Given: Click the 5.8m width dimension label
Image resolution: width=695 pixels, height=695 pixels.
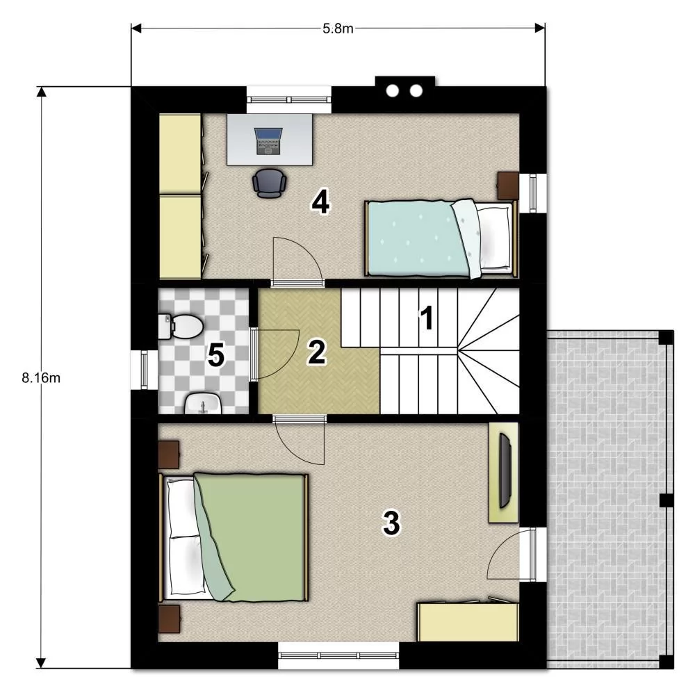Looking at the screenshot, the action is point(338,28).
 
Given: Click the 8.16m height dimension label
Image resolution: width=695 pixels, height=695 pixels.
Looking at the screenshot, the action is point(41,378).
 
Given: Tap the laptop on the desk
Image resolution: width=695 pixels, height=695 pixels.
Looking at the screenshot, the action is point(268,141).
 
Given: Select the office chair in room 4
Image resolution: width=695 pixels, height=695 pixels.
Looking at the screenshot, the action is point(269,183).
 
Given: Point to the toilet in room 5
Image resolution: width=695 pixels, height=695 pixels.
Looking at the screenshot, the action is point(181,326).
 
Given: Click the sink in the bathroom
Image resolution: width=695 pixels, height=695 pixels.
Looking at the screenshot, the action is point(202,403).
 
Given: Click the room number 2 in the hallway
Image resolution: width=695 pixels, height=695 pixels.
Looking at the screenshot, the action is point(317,352).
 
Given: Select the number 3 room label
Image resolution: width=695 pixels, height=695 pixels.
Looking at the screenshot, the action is point(391,523).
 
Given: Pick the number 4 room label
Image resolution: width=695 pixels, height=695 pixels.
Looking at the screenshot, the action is point(320,203).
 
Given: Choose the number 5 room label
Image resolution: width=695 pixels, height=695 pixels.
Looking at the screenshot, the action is point(216,355).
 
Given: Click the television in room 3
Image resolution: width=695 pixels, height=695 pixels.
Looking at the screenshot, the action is point(505,471).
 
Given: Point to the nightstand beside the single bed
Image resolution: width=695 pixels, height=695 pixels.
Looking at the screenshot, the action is point(508,186).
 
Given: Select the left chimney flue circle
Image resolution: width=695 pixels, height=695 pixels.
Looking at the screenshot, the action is point(392,91).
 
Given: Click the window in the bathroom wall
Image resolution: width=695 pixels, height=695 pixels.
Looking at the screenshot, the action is point(144,370).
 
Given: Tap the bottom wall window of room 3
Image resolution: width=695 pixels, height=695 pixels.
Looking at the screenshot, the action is point(338,655).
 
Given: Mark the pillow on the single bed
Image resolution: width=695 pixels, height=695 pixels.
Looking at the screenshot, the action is point(496,237).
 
